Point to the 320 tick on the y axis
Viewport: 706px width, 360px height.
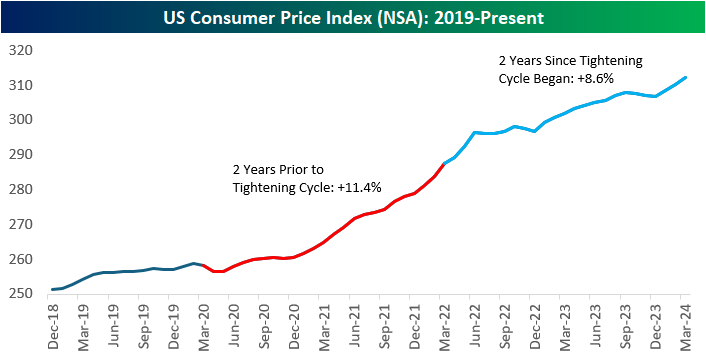(20, 50)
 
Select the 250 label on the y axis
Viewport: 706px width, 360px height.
(20, 294)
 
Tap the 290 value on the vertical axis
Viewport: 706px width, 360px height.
(20, 155)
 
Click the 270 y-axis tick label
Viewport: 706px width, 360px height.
(20, 224)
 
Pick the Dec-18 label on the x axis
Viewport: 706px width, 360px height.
(51, 325)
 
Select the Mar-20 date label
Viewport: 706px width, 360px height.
(202, 325)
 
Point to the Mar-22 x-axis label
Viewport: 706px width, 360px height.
(443, 325)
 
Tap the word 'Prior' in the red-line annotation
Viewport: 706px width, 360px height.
(291, 169)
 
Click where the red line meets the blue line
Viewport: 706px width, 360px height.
(443, 163)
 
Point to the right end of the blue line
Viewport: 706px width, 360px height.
(685, 77)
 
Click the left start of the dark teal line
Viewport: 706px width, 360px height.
(51, 290)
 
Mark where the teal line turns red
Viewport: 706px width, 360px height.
(203, 266)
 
